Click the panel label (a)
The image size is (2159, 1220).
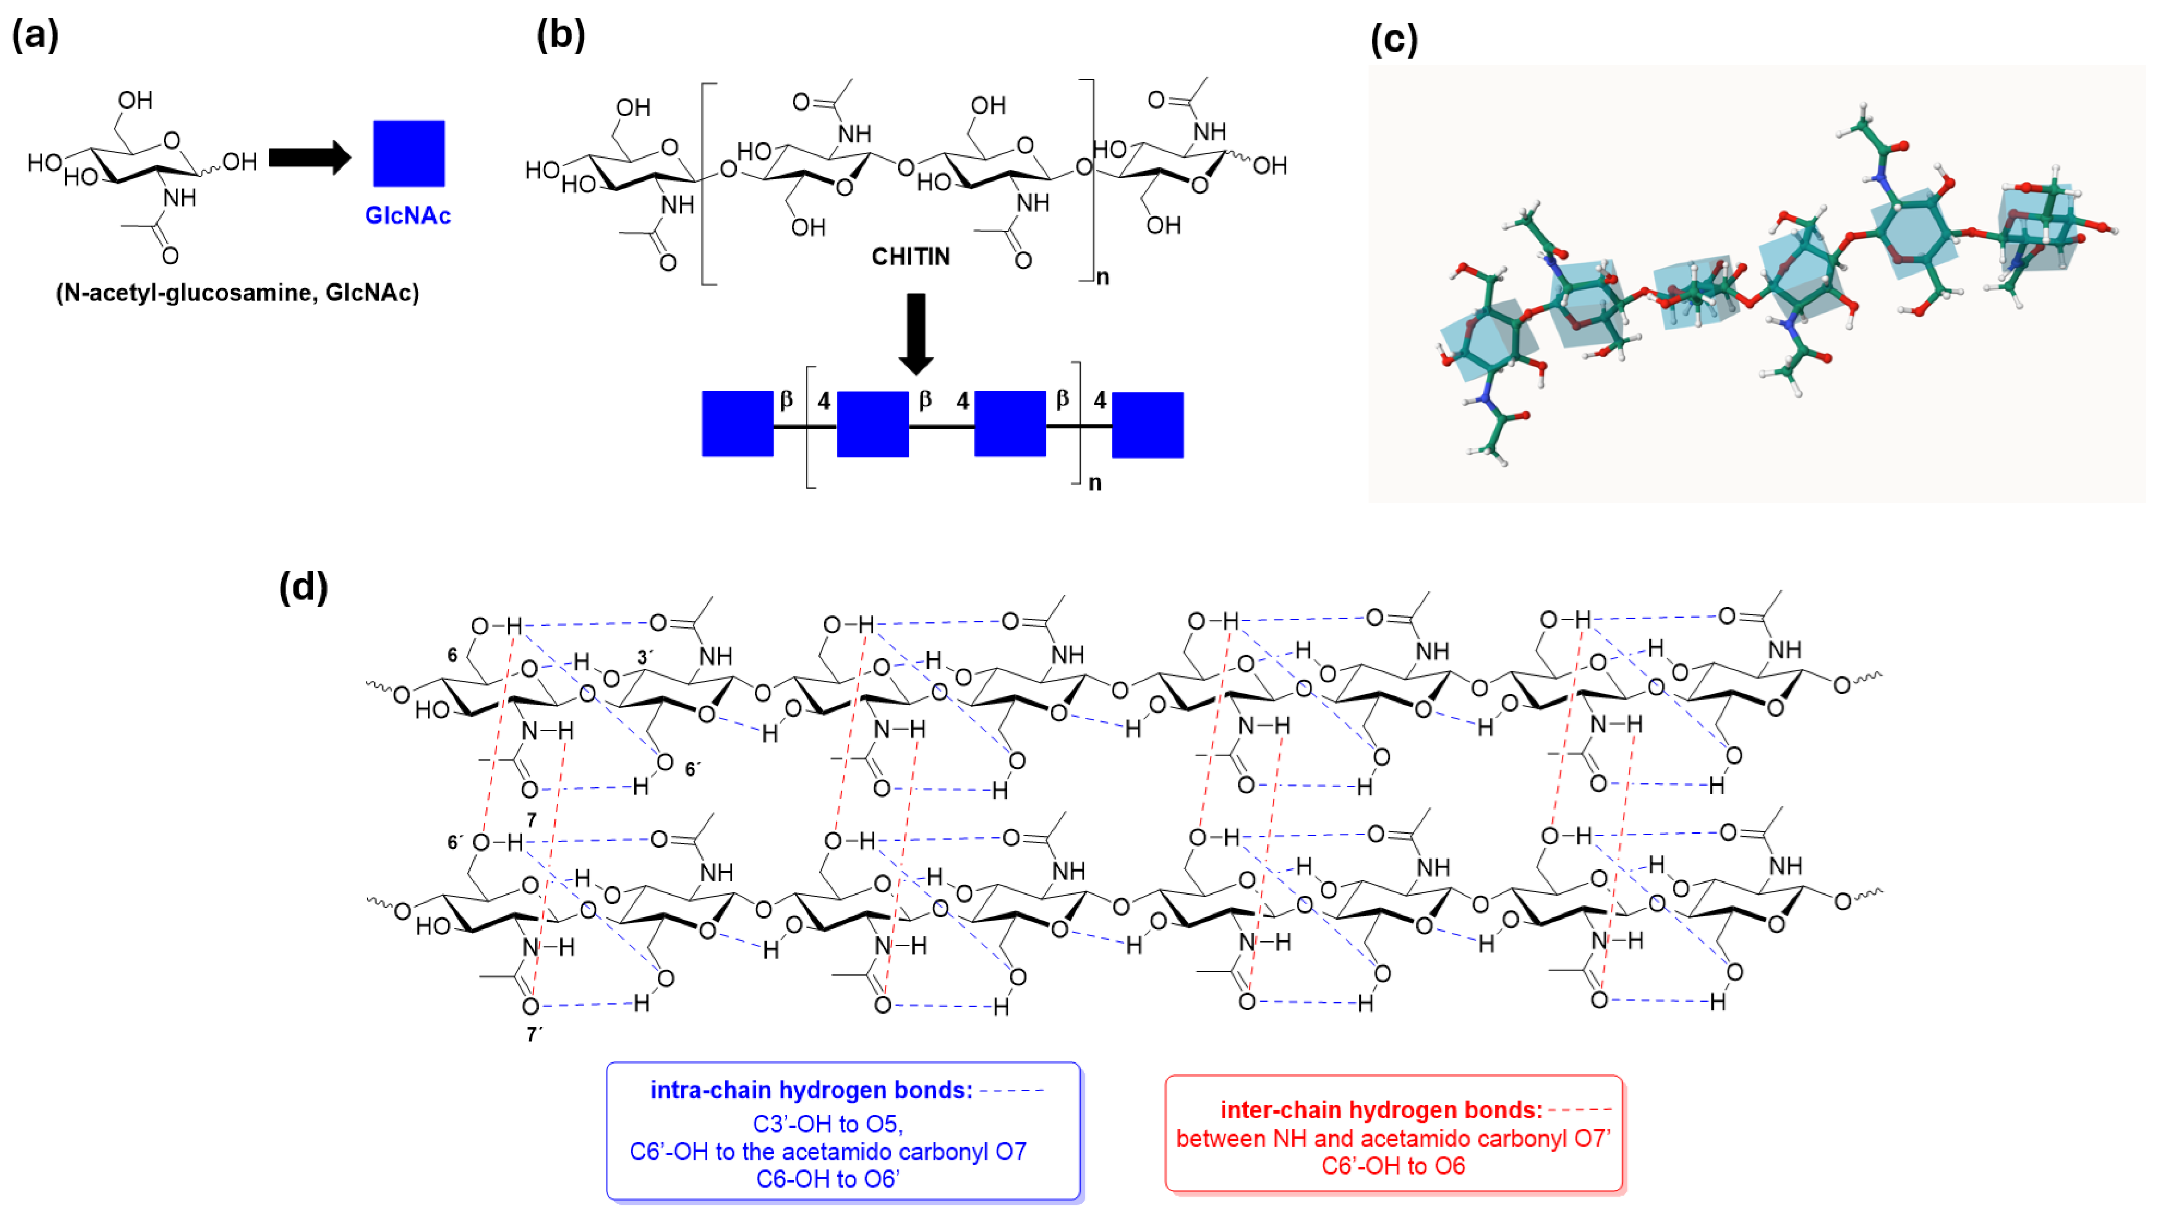click(x=34, y=35)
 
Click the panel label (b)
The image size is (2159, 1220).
click(x=560, y=35)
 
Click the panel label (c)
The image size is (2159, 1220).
click(x=1394, y=40)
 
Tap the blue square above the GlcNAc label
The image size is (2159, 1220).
click(x=409, y=153)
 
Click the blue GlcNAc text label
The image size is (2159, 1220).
click(x=407, y=215)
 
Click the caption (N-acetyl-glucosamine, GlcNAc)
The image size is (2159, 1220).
click(x=237, y=293)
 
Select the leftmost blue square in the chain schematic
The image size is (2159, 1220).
click(x=738, y=424)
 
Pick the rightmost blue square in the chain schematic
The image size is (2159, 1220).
click(x=1148, y=425)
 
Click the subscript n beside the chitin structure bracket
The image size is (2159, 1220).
click(x=1103, y=277)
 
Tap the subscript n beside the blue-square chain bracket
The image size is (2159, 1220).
click(x=1094, y=482)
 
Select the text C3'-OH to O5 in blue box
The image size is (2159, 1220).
click(x=827, y=1124)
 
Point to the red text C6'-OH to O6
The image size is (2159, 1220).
click(x=1393, y=1166)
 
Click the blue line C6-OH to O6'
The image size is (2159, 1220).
click(x=827, y=1179)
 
